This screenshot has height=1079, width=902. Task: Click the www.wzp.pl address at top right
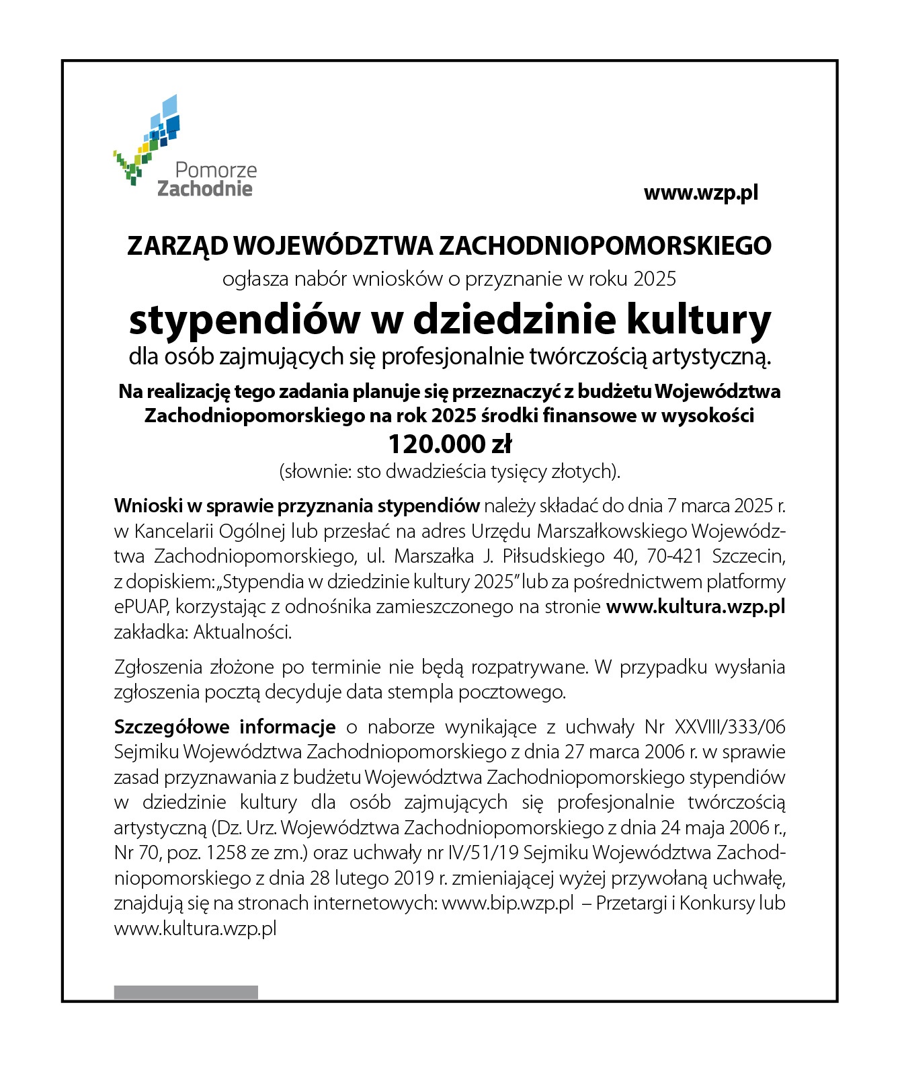(700, 193)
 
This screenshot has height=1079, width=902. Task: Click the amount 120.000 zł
(450, 444)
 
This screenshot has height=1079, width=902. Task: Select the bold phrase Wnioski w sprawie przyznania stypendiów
(296, 506)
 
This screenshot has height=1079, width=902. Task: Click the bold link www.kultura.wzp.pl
(695, 606)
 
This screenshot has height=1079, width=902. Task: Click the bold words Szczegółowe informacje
(224, 727)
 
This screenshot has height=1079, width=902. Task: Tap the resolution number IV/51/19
(482, 852)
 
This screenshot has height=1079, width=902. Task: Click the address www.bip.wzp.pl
(507, 903)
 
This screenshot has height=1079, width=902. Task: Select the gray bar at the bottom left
(186, 992)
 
